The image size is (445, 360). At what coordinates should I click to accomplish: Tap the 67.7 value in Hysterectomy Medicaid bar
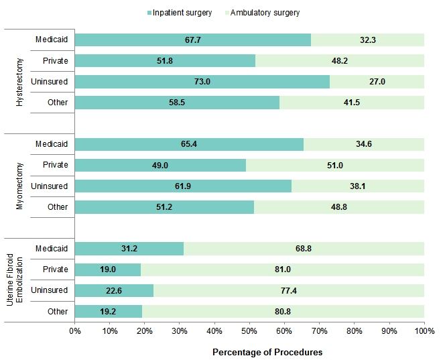click(193, 40)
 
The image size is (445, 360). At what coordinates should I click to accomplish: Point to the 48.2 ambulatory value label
click(340, 61)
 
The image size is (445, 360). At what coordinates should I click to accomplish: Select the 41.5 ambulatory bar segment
click(352, 103)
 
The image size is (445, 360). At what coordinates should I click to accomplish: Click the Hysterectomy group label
click(19, 72)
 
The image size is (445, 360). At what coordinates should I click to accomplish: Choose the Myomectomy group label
click(19, 176)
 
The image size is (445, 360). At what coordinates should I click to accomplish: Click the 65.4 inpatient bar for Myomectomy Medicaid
click(189, 144)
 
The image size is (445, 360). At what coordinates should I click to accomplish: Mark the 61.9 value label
click(183, 186)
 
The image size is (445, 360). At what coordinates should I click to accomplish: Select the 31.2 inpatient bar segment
click(129, 249)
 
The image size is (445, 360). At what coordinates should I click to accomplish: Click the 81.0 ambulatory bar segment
click(283, 269)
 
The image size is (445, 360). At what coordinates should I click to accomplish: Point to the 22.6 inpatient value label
click(115, 290)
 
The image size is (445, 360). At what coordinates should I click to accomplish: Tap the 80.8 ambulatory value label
click(283, 311)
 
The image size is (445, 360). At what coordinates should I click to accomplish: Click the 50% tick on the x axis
click(249, 331)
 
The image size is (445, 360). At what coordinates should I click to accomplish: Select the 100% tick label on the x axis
click(424, 331)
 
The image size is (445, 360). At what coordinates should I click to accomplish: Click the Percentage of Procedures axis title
click(267, 352)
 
